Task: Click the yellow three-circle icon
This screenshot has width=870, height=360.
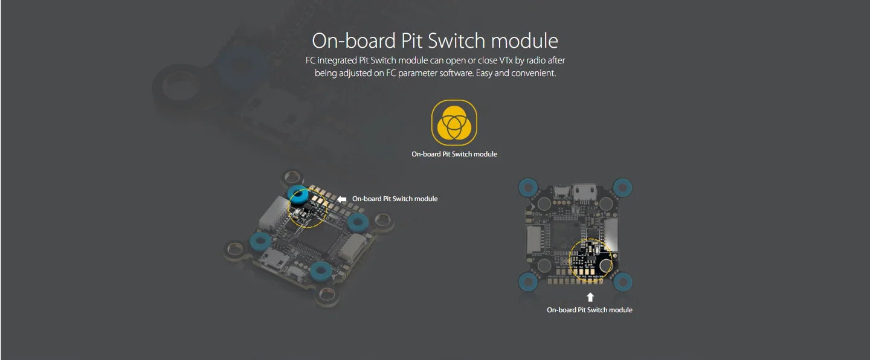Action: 454,122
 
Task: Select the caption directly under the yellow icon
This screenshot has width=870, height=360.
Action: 454,154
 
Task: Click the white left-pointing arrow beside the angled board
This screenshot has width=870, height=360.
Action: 342,199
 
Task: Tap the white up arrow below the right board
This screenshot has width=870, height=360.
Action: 590,297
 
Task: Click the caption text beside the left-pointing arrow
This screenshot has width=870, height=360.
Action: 395,199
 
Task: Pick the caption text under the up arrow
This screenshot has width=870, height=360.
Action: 589,310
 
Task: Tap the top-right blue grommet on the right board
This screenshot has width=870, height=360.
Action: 623,187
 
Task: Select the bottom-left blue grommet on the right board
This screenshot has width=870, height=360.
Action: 527,281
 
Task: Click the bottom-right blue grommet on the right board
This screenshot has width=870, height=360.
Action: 623,281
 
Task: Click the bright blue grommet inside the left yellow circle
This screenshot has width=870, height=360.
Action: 298,195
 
